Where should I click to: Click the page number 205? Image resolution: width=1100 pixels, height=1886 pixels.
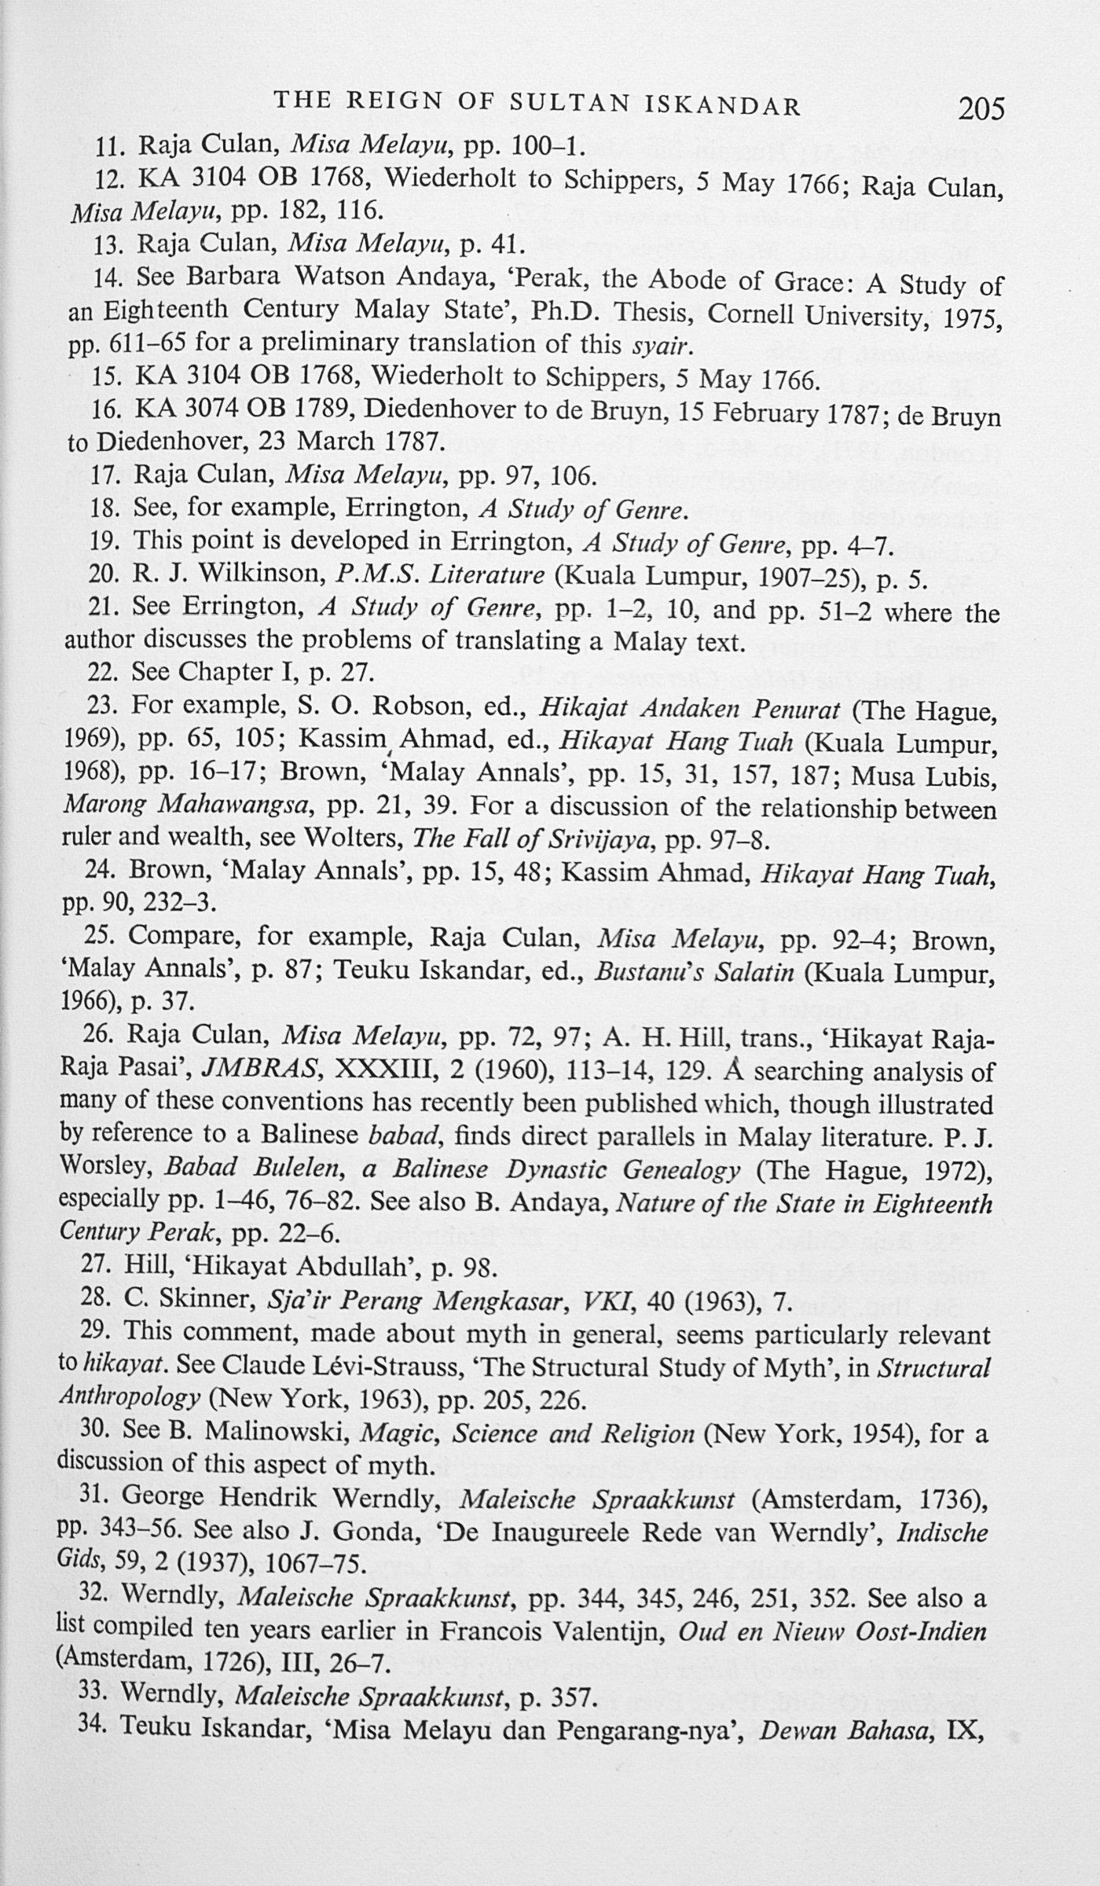click(x=981, y=108)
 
